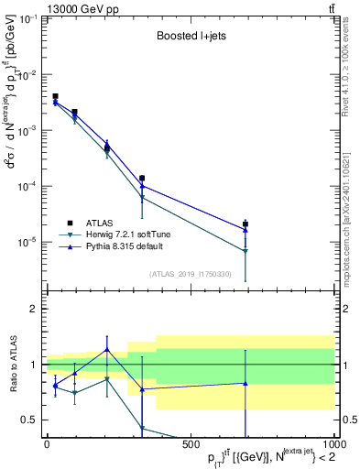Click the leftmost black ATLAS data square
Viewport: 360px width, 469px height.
(55, 96)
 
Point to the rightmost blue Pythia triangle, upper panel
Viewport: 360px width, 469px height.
(245, 230)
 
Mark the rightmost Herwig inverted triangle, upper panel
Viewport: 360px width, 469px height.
(245, 251)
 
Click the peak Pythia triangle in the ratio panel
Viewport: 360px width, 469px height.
(107, 349)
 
